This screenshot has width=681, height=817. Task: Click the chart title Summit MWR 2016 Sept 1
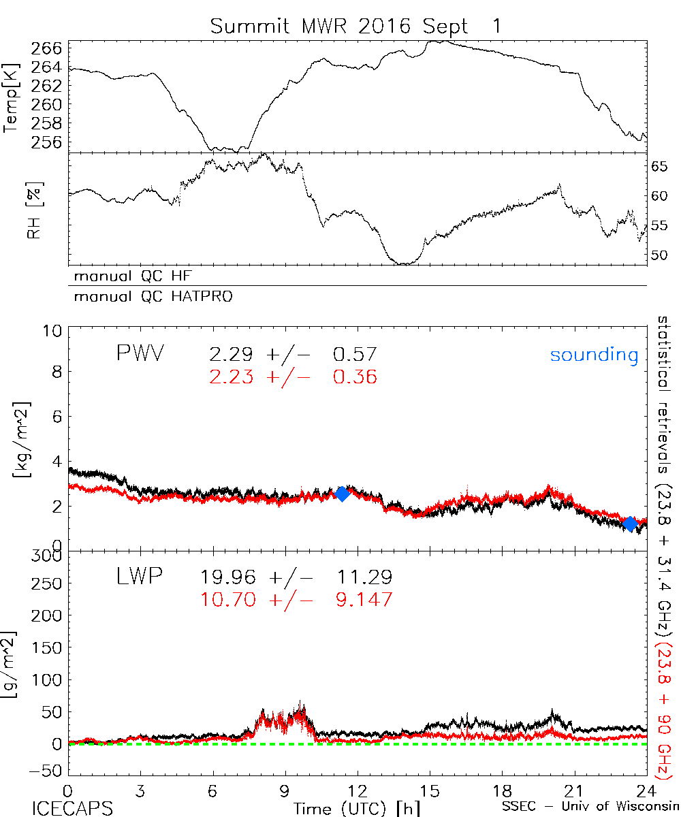pyautogui.click(x=355, y=27)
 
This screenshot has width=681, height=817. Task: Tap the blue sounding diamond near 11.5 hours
pyautogui.click(x=343, y=494)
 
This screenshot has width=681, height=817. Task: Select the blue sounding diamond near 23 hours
pyautogui.click(x=630, y=523)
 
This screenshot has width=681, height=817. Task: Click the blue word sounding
pyautogui.click(x=594, y=355)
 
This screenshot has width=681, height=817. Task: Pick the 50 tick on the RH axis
pyautogui.click(x=663, y=255)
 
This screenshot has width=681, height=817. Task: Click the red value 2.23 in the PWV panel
pyautogui.click(x=229, y=376)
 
